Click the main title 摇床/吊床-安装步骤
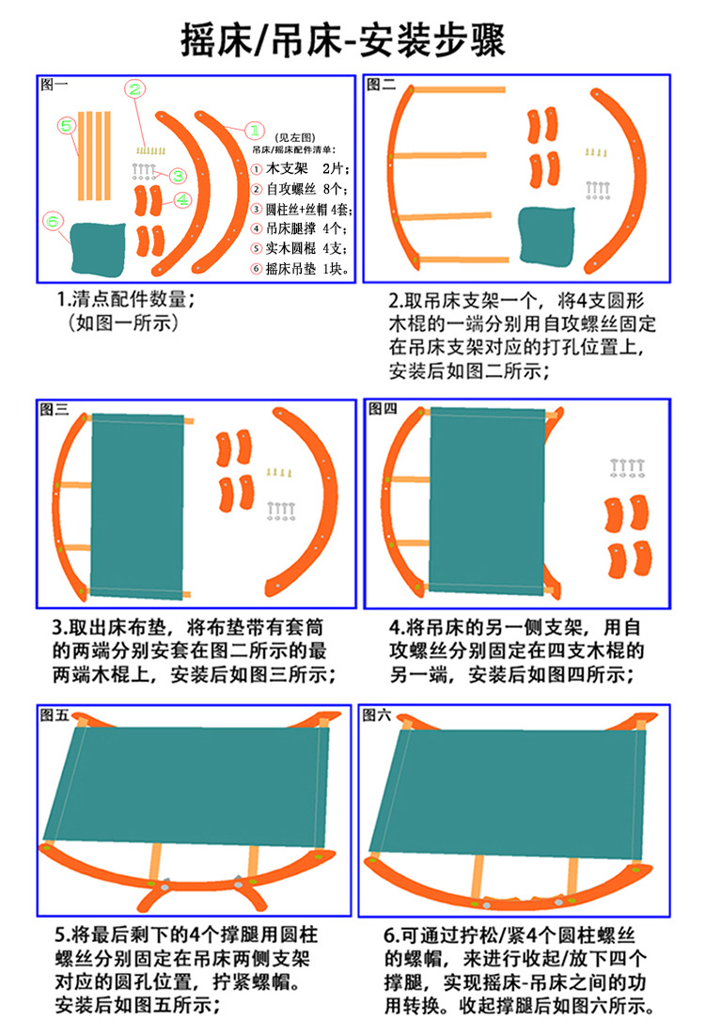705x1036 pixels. point(344,39)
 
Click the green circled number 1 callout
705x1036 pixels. point(255,131)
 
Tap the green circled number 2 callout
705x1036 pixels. point(134,89)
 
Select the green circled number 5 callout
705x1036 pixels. point(67,125)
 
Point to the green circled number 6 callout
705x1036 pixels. point(53,221)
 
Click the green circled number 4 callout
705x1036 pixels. point(183,199)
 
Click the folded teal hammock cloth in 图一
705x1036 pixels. point(97,248)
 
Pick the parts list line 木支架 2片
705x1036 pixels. point(301,169)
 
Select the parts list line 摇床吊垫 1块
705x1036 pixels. point(301,268)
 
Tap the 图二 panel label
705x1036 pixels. point(381,85)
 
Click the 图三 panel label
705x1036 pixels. point(54,410)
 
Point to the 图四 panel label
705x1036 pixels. point(382,408)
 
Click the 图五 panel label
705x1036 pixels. point(55,714)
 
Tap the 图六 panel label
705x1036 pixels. point(377,714)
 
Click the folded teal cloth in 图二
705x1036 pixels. point(547,237)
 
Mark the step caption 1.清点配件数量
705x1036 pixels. point(126,299)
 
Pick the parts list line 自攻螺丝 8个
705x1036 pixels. point(301,189)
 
